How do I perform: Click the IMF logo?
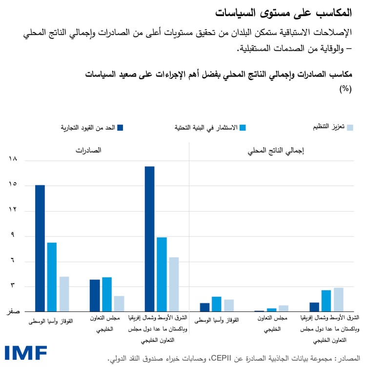(26, 353)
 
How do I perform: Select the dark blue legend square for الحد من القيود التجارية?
(121, 128)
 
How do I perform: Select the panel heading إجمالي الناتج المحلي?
(276, 151)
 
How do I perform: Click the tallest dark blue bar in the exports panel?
(149, 239)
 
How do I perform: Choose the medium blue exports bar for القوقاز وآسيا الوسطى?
(52, 277)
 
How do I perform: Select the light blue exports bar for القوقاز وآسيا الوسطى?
(64, 294)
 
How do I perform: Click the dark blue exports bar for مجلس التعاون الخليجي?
(95, 295)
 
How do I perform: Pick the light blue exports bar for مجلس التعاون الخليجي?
(119, 304)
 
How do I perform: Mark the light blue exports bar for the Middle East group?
(174, 284)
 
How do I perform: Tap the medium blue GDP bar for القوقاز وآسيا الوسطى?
(217, 304)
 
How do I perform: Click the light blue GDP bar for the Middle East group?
(339, 299)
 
